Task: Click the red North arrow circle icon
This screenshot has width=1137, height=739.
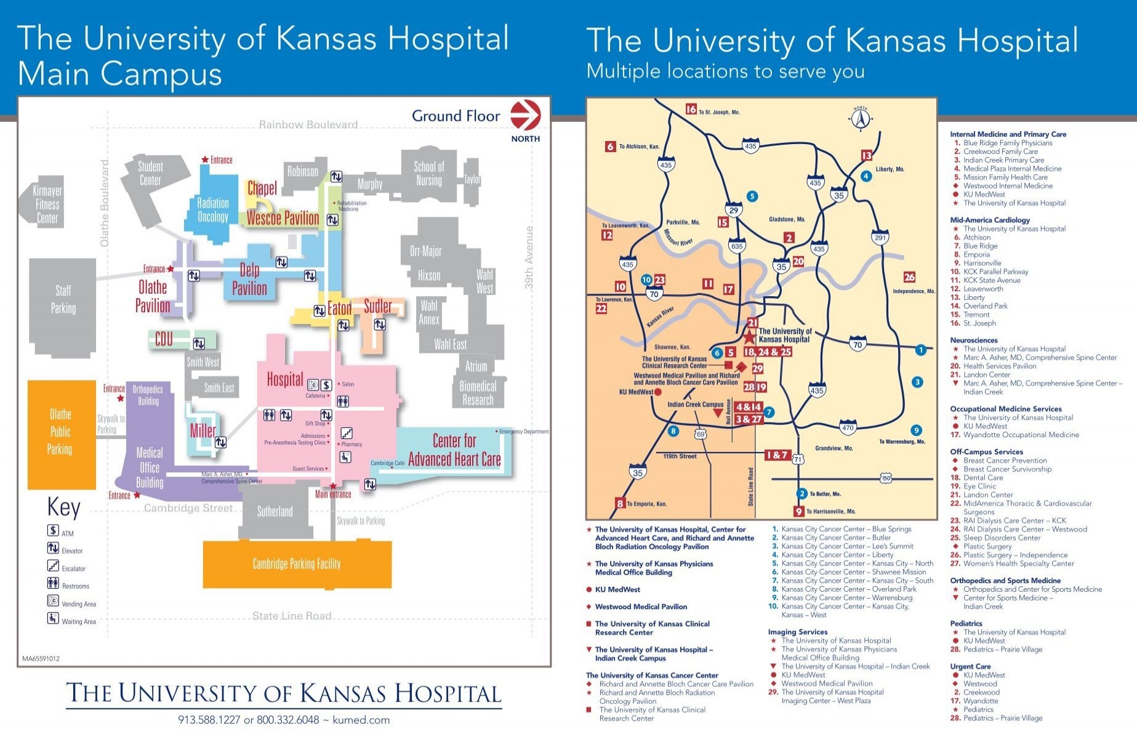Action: (x=525, y=115)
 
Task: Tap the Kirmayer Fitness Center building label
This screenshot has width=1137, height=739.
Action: (x=47, y=204)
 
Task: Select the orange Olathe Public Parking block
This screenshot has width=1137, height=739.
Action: (x=61, y=432)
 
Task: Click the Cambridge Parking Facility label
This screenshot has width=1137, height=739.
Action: (x=297, y=564)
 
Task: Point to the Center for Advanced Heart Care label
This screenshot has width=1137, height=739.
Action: (x=454, y=450)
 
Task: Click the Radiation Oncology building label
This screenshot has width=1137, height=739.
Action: (x=213, y=210)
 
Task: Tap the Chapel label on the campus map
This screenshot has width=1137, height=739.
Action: (x=262, y=188)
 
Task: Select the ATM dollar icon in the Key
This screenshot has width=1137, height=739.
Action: (x=53, y=530)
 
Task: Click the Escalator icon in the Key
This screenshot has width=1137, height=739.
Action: (x=53, y=565)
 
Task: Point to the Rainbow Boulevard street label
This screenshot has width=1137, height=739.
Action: (x=308, y=124)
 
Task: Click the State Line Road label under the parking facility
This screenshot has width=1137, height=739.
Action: (x=292, y=616)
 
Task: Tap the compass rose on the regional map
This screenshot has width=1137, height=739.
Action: (x=860, y=118)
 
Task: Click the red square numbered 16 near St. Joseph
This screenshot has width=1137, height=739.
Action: (x=691, y=110)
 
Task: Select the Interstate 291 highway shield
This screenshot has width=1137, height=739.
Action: (x=880, y=237)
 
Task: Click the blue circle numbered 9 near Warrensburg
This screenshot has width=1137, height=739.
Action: (x=916, y=430)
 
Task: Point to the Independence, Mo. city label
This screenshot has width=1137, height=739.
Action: (x=914, y=291)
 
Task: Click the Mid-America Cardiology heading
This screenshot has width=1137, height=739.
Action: (x=989, y=220)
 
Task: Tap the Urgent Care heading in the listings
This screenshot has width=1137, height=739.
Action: (x=970, y=666)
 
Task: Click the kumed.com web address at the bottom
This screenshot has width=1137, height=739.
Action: (x=361, y=720)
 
